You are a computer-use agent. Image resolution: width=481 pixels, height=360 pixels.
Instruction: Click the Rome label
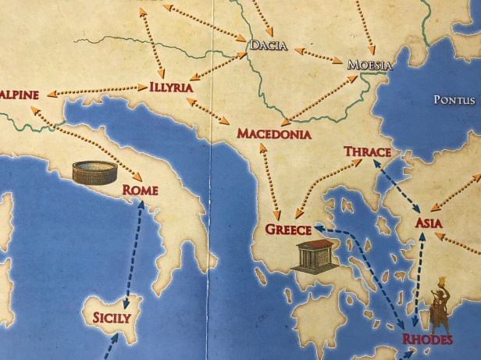(140, 191)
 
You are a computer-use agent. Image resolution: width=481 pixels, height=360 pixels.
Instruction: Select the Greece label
(288, 230)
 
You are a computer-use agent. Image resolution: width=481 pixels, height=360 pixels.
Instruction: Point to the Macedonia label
(273, 134)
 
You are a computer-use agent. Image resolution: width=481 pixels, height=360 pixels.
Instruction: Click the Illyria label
(170, 87)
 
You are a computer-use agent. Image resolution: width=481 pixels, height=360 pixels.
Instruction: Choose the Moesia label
(369, 65)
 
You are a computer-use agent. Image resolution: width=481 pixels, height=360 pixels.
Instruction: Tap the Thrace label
(367, 151)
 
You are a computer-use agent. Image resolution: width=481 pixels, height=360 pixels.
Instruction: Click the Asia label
(429, 224)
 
